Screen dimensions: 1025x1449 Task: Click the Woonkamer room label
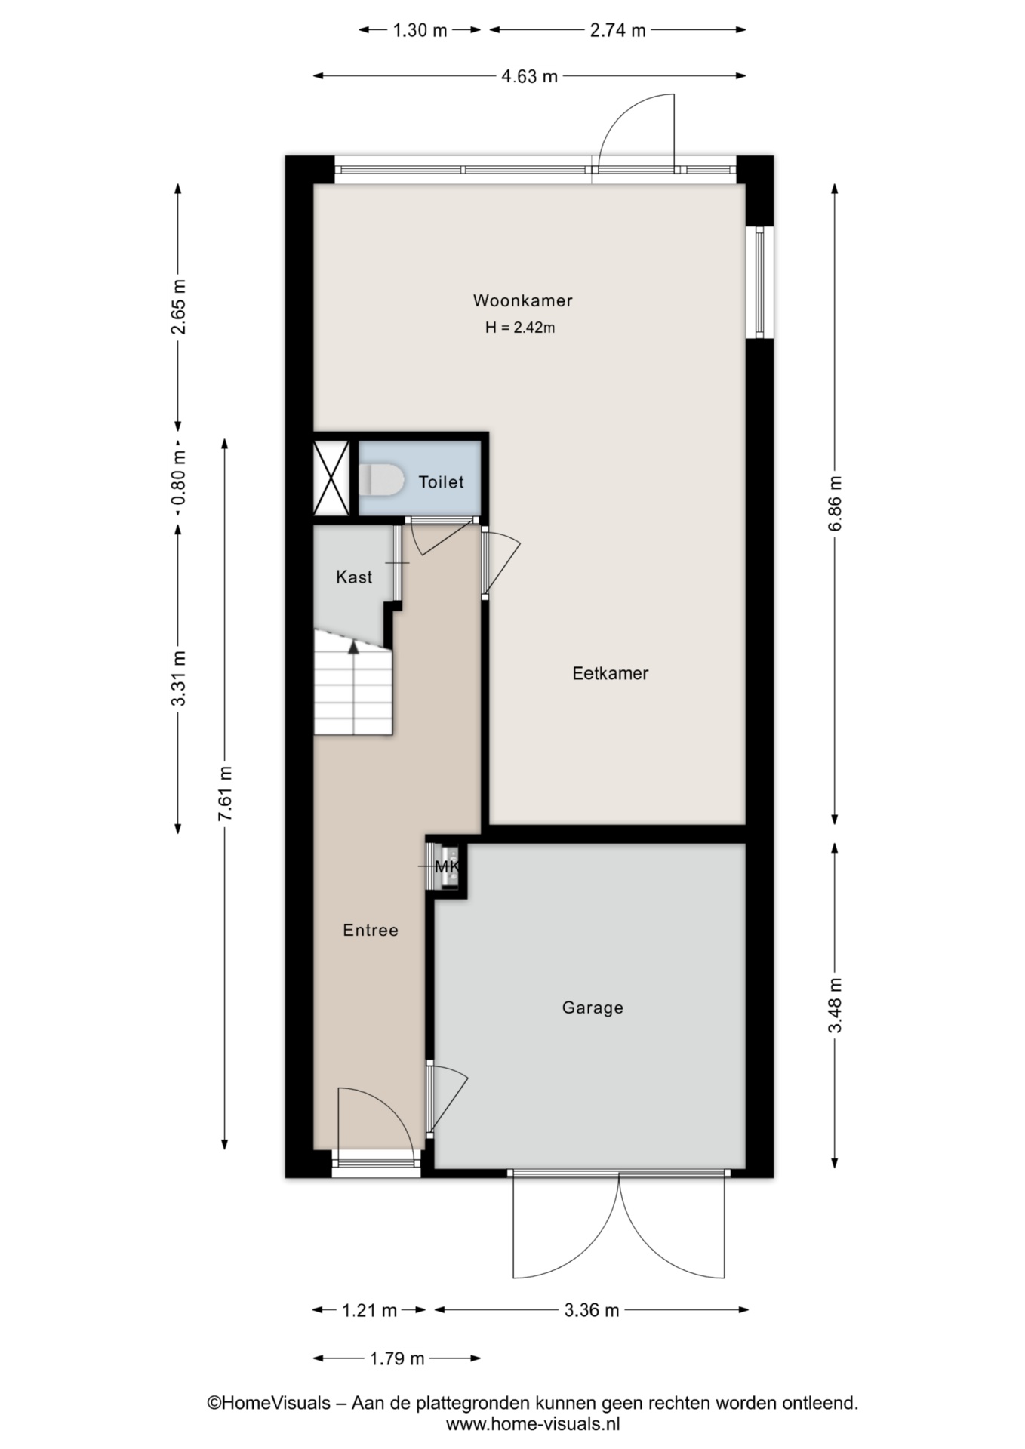coord(522,300)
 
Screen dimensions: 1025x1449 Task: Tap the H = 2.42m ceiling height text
coord(520,328)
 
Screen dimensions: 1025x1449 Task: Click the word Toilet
coord(441,481)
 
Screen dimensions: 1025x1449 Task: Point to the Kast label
coord(354,577)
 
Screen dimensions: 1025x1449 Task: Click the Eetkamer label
coord(611,673)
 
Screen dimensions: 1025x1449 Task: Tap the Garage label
coord(593,1008)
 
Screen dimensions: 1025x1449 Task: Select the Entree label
coord(370,931)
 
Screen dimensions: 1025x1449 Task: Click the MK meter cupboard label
coord(448,866)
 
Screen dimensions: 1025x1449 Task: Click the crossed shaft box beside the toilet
coord(331,478)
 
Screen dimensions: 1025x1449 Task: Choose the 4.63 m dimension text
coord(529,76)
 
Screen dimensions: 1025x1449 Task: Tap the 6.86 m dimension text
coord(835,503)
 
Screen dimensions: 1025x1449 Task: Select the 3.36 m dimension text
coord(592,1310)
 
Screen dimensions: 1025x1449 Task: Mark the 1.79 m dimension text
coord(397,1359)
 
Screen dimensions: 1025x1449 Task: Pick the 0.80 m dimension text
coord(178,478)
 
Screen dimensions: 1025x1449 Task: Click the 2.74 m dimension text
coord(617,31)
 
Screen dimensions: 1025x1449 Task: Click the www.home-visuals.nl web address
coord(533,1424)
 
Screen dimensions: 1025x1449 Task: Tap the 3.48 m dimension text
coord(835,1006)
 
